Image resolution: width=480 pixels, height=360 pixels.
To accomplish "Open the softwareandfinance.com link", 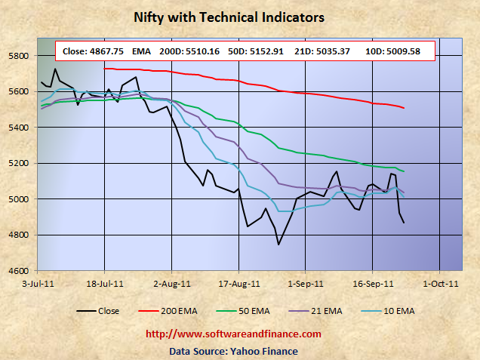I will tap(232, 334).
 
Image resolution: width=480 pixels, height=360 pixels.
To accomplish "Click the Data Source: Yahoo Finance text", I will tap(232, 350).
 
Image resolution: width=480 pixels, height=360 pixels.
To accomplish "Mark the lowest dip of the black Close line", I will tap(278, 245).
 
